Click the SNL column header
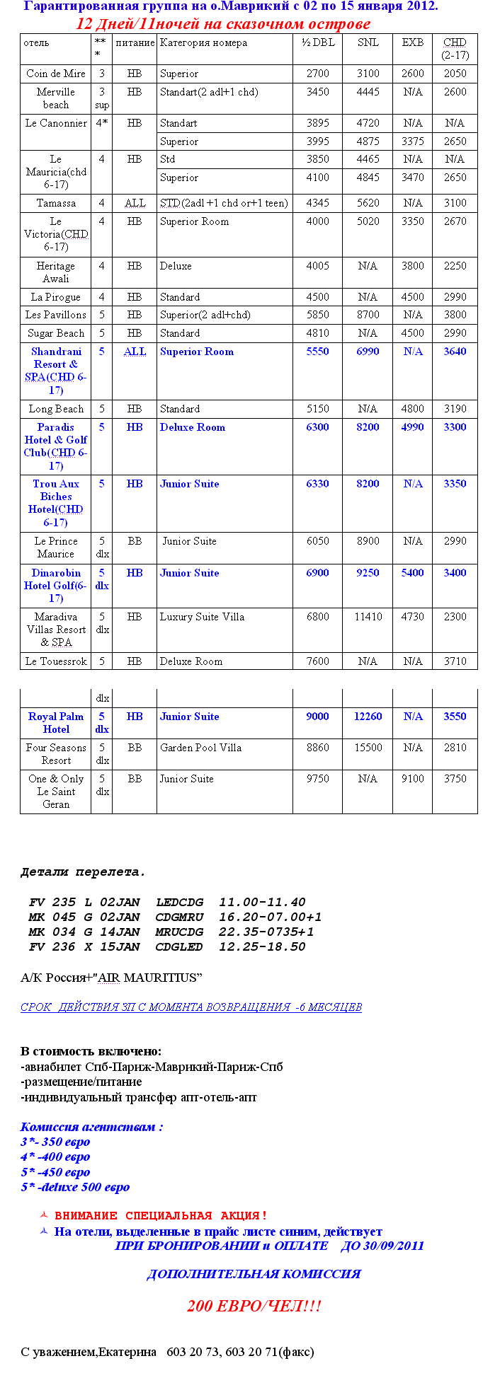coord(368,42)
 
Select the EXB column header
coord(412,42)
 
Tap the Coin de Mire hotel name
coord(56,74)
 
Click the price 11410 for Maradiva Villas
coord(368,617)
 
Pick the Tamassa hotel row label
coord(56,203)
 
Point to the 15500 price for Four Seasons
coord(368,748)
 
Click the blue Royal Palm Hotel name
coord(56,723)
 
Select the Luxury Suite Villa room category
coord(202,617)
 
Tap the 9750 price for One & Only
coord(317,779)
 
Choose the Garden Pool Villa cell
coord(200,748)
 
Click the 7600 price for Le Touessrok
coord(317,661)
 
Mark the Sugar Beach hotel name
coord(56,333)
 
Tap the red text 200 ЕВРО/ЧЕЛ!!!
coord(254,1306)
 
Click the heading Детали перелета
coord(83,872)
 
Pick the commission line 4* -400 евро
coord(55,1157)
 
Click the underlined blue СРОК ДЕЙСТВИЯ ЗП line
coord(191,1007)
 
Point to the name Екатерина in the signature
coord(127,1352)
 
